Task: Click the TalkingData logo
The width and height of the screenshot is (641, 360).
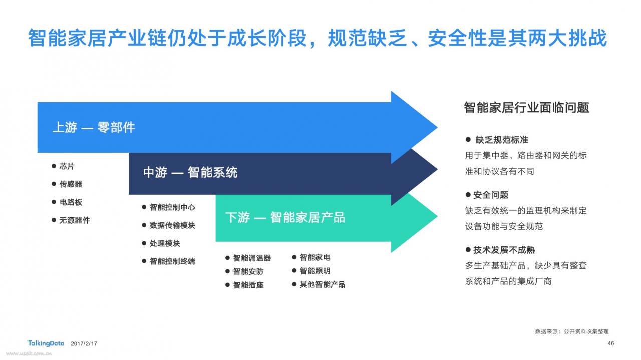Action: click(46, 343)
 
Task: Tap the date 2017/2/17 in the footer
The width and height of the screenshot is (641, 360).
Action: click(84, 343)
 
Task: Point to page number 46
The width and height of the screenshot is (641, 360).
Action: click(610, 343)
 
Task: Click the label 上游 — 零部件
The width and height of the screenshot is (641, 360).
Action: click(94, 127)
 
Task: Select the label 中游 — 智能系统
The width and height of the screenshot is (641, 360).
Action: click(190, 173)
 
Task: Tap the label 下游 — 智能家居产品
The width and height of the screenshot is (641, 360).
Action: click(285, 217)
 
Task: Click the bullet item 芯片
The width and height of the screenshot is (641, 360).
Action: click(67, 166)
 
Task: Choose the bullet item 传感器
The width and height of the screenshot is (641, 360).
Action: click(71, 184)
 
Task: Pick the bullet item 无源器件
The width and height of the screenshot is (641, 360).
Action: click(74, 220)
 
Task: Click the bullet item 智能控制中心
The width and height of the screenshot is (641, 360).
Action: click(172, 207)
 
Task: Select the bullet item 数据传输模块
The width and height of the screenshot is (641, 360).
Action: click(172, 225)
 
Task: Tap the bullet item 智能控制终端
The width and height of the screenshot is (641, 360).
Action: click(172, 261)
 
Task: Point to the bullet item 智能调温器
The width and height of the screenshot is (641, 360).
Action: click(252, 258)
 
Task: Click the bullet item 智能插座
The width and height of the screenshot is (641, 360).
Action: click(248, 285)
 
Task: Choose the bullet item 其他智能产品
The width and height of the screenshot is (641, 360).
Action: click(322, 284)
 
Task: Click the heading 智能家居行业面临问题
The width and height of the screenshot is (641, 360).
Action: click(526, 108)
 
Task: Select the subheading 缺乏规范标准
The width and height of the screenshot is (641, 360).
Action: click(502, 140)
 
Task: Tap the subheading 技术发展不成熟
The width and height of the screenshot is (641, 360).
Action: click(504, 250)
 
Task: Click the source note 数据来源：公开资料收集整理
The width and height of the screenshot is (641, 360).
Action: click(572, 331)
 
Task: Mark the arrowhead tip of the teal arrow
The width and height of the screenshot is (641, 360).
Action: click(438, 217)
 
